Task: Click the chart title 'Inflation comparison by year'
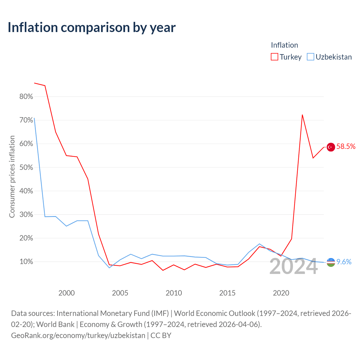[92, 28]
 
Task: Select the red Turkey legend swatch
[274, 57]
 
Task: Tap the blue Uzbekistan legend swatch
[310, 57]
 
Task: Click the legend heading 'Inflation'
[284, 45]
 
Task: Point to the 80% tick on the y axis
[26, 96]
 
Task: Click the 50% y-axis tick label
[26, 167]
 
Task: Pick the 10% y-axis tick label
[26, 262]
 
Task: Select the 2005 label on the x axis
[120, 293]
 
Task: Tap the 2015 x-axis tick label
[227, 293]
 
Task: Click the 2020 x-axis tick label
[281, 293]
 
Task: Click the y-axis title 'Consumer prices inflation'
[12, 177]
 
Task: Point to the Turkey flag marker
[331, 147]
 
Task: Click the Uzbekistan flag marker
[331, 262]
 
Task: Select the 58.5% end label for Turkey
[346, 146]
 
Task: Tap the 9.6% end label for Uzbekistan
[344, 262]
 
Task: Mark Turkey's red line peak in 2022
[302, 115]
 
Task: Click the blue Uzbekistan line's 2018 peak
[259, 244]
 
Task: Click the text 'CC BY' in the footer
[161, 335]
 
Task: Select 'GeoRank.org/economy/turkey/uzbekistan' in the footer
[78, 335]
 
